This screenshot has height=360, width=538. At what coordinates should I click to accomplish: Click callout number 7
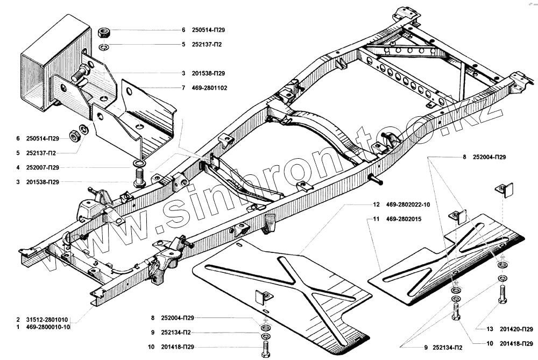pyautogui.click(x=183, y=87)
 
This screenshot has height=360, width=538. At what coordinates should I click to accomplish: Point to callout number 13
pyautogui.click(x=490, y=329)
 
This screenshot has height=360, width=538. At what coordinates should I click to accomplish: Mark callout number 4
pyautogui.click(x=18, y=167)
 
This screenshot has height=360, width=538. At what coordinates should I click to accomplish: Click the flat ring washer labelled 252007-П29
pyautogui.click(x=138, y=163)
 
